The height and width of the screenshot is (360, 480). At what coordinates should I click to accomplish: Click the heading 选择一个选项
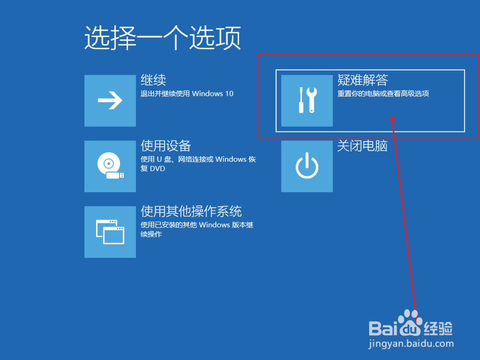(x=162, y=38)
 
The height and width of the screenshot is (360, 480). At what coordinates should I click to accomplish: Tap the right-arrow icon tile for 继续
(x=110, y=101)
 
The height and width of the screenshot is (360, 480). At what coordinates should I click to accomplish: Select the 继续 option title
(x=153, y=80)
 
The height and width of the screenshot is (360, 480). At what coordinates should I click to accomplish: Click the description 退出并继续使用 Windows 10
(x=187, y=94)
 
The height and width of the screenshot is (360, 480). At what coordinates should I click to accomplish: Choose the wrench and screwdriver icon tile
(x=307, y=101)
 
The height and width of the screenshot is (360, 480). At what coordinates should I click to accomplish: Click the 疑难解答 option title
(x=362, y=80)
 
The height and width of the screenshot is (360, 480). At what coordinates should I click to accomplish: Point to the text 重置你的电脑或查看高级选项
(x=383, y=94)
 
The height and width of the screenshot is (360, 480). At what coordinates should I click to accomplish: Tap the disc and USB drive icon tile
(x=110, y=167)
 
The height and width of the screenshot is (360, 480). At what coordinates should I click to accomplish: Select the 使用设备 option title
(x=166, y=145)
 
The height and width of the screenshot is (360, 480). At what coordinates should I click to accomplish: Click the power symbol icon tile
(x=307, y=167)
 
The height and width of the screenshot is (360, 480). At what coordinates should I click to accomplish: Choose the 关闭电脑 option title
(x=362, y=145)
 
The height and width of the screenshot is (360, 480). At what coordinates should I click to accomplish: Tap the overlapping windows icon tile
(x=110, y=232)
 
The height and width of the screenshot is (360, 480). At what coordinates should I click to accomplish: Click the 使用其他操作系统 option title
(x=191, y=211)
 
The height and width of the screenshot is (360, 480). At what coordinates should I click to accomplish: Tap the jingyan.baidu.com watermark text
(x=411, y=344)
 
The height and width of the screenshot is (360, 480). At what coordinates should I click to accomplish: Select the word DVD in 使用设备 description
(x=158, y=169)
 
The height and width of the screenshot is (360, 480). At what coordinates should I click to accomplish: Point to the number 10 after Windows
(x=229, y=94)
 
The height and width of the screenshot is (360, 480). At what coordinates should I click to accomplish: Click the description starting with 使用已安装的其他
(x=197, y=225)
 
